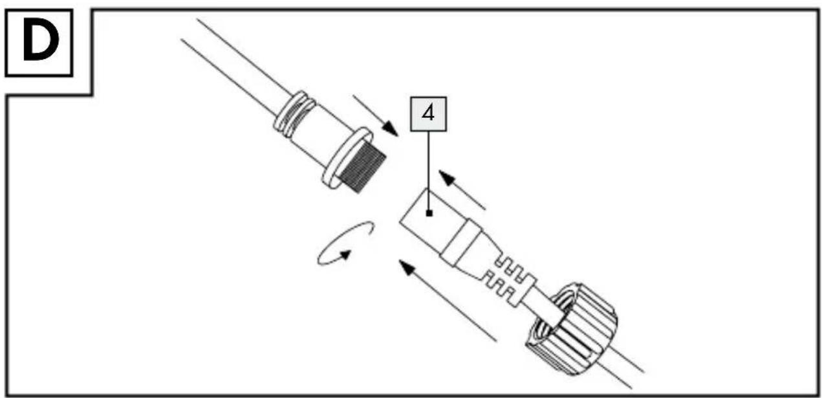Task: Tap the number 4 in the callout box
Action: (x=428, y=113)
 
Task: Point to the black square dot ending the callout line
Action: (x=429, y=213)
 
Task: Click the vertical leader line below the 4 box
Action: (x=429, y=171)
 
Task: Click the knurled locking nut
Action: (x=572, y=329)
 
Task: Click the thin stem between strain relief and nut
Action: (x=543, y=307)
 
